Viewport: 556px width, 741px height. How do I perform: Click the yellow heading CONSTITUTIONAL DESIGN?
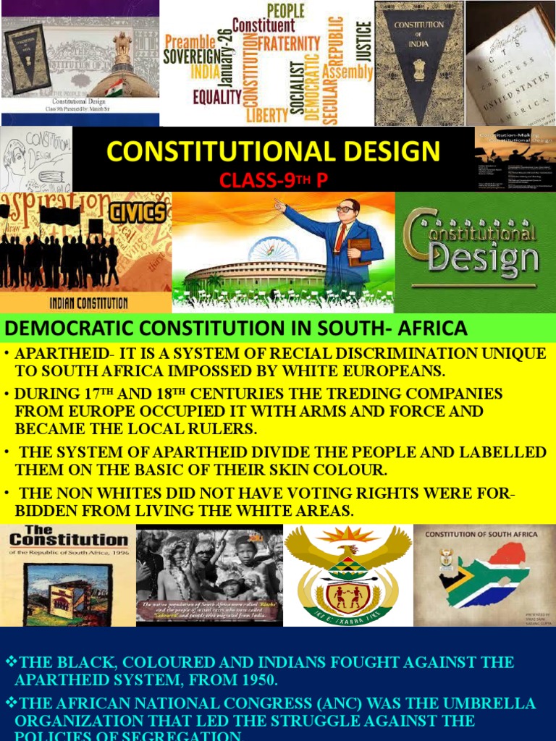click(x=273, y=152)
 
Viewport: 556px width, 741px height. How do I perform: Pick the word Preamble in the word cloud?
click(x=190, y=41)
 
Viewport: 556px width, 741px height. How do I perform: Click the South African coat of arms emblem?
click(x=348, y=575)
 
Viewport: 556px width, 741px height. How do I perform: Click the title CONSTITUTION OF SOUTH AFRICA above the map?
click(x=481, y=535)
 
